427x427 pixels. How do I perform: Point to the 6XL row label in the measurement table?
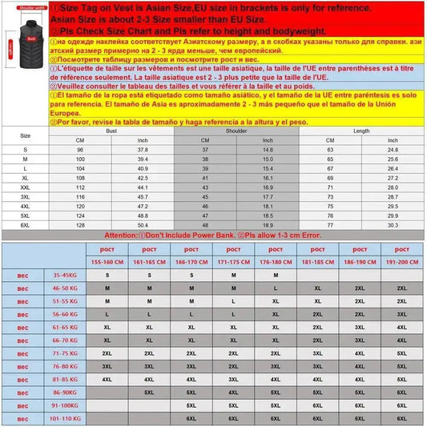[x=26, y=226]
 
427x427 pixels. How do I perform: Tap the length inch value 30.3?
[x=393, y=226]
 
